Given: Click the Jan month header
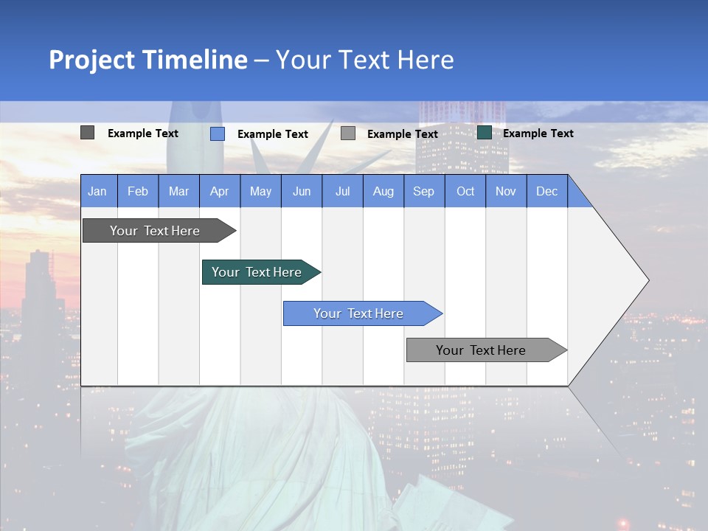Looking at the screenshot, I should (x=98, y=191).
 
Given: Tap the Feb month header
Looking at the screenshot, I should (x=138, y=191).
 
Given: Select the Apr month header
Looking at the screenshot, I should (x=220, y=191).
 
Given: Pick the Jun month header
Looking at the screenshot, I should (x=302, y=191).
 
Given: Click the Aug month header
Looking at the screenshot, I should (x=383, y=191).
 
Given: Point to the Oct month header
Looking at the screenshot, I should (x=465, y=191).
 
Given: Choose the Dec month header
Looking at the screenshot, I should (x=547, y=191).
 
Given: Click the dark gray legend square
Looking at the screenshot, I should (x=87, y=133).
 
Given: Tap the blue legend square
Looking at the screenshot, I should (x=218, y=133).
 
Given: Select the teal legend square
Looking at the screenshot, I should (x=485, y=133).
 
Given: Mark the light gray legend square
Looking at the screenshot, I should (x=348, y=133).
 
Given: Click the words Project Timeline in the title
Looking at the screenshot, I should (x=148, y=60).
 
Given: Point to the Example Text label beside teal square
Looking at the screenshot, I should (x=538, y=133).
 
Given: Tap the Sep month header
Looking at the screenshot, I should (x=424, y=191).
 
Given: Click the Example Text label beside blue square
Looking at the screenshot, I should (x=273, y=134).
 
